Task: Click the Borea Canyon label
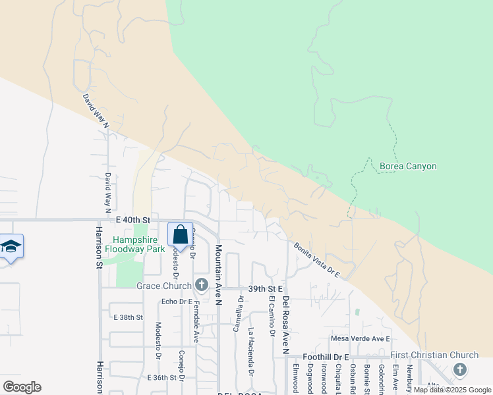[x=408, y=167]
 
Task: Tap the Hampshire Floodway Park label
[x=138, y=245]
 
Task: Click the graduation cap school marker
[x=11, y=247]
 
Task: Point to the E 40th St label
[x=133, y=219]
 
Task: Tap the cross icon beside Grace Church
[x=202, y=286]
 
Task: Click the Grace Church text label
[x=164, y=286]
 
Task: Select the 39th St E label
[x=266, y=289]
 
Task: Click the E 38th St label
[x=129, y=317]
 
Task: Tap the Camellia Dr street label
[x=241, y=313]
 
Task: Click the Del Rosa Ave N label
[x=286, y=325]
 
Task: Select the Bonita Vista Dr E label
[x=316, y=259]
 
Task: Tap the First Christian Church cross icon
[x=460, y=370]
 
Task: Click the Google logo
[x=22, y=386]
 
